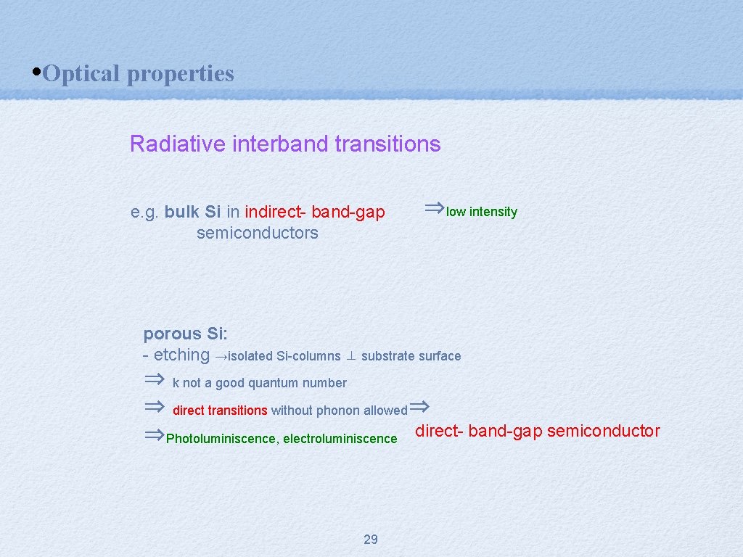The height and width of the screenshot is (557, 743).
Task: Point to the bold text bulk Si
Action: click(x=192, y=212)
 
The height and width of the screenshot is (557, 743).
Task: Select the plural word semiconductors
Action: click(x=257, y=233)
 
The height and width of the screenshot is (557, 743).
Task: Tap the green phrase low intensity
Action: click(x=482, y=212)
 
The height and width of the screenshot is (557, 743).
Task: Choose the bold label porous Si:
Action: click(x=185, y=334)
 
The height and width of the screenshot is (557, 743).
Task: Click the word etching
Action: click(x=181, y=355)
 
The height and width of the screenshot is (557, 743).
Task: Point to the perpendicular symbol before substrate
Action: click(x=350, y=356)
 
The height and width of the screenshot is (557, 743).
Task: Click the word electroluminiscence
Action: click(x=340, y=439)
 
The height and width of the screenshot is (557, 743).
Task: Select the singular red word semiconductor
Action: click(x=603, y=431)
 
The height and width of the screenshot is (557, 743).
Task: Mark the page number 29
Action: click(x=370, y=539)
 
